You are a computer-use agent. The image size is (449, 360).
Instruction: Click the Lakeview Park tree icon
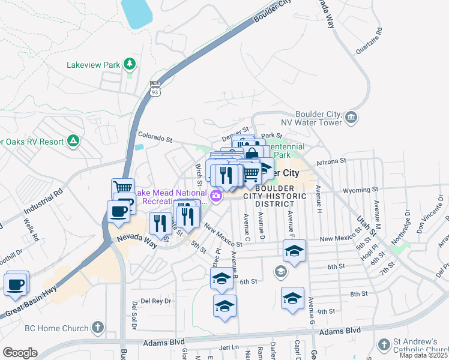coord(129,63)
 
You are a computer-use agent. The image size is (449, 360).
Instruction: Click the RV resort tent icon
coord(73,141)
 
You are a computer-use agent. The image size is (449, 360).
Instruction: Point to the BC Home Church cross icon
coord(97,328)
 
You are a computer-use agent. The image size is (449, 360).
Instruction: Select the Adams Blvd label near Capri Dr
coord(340,331)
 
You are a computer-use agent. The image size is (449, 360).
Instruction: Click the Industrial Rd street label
coord(43,204)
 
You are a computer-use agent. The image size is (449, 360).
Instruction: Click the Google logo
coord(20,353)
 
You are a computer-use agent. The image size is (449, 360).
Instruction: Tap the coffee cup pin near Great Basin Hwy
coord(16,284)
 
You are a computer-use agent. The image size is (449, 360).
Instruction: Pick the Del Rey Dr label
coord(156,301)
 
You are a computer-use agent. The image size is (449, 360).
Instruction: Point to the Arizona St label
coord(331,161)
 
